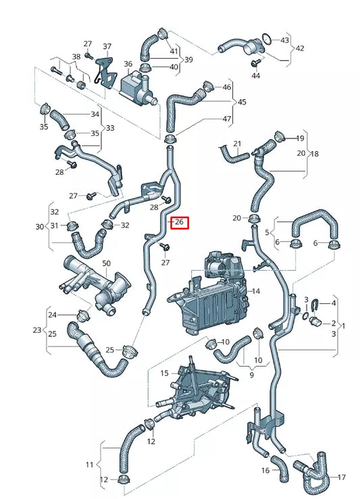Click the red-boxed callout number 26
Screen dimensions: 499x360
tap(179, 222)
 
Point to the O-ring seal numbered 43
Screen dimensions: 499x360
tap(267, 38)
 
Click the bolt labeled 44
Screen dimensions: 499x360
tap(255, 63)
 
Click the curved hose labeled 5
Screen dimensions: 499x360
tap(311, 226)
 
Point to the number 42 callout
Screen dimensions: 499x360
tap(300, 48)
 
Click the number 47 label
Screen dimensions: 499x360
tap(226, 119)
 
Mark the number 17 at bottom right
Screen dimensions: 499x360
tap(340, 477)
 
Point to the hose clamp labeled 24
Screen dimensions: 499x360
tap(84, 314)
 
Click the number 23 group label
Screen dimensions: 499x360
tap(37, 331)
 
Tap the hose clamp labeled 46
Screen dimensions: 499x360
tap(207, 86)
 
